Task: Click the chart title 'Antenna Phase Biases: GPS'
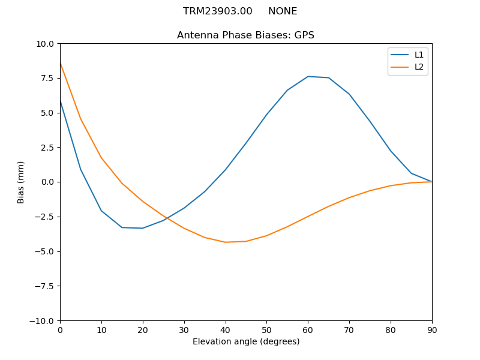245,35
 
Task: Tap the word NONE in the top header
283,11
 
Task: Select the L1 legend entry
419,55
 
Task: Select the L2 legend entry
419,67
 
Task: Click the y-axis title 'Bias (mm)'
21,182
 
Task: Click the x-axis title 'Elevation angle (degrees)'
246,341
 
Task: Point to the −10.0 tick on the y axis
44,320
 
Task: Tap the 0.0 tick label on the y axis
49,182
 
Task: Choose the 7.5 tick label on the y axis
49,78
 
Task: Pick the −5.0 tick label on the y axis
46,251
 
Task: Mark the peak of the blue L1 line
308,76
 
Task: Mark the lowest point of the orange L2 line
226,242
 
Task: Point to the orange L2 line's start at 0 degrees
61,63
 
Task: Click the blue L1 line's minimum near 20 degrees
143,228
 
